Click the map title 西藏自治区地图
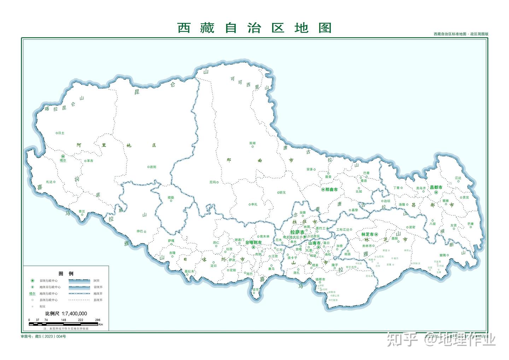254,28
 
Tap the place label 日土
61,133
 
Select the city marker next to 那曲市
323,190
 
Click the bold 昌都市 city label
436,187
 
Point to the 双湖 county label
252,143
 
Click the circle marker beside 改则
148,167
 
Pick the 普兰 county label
82,211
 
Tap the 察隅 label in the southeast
443,255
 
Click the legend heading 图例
66,274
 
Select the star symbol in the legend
33,281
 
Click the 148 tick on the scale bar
64,320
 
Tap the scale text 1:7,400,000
74,314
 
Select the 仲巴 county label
140,232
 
